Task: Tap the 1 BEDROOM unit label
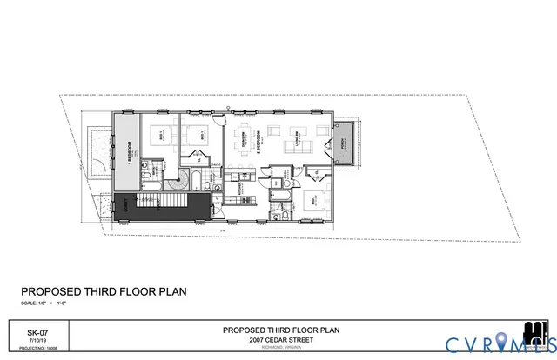tap(129, 149)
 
